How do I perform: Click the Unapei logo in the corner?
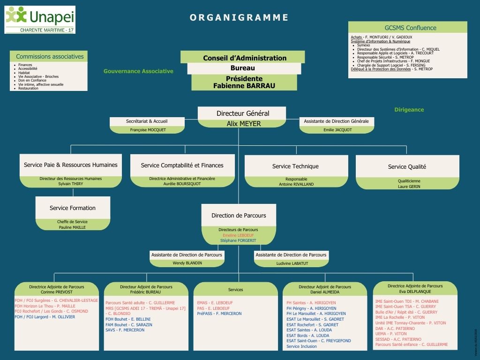pos(40,19)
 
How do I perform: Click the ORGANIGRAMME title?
pos(239,18)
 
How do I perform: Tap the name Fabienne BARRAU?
pos(244,86)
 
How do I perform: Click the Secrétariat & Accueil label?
pos(147,121)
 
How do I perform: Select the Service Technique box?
pos(295,166)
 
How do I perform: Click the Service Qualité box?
pos(407,167)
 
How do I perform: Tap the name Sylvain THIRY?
pos(70,184)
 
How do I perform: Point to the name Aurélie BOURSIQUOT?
pos(182,184)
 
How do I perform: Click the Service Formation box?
pos(73,208)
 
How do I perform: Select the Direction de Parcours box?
pos(239,216)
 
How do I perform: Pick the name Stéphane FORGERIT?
pos(238,240)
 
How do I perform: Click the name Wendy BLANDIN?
pos(187,263)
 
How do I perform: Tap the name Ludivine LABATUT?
pos(292,263)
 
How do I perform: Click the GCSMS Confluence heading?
pos(410,28)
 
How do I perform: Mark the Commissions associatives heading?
pos(50,57)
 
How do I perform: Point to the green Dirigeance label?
pos(409,110)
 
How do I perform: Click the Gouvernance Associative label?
pos(138,71)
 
